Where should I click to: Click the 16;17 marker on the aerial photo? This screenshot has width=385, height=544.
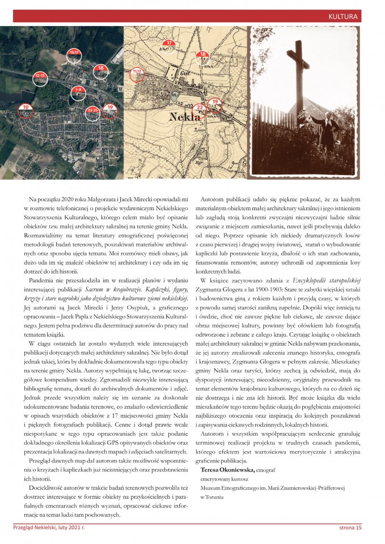[x=74, y=54]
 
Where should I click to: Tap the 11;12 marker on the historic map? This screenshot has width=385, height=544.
[x=137, y=73]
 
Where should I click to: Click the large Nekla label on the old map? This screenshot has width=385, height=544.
[x=185, y=117]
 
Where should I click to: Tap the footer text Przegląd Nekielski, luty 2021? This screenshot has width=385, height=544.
[x=49, y=528]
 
